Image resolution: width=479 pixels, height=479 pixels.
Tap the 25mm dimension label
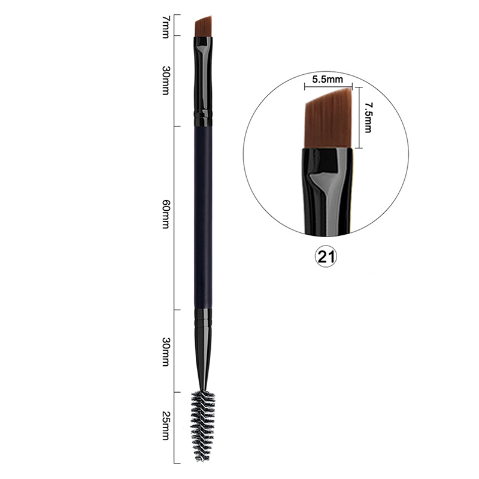(x=165, y=426)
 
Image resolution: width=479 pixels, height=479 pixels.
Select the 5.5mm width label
(x=328, y=80)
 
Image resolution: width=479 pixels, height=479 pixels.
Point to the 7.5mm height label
(x=368, y=117)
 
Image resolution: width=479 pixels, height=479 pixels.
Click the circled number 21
(x=326, y=257)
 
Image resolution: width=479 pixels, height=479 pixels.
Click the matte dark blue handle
(x=203, y=217)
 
